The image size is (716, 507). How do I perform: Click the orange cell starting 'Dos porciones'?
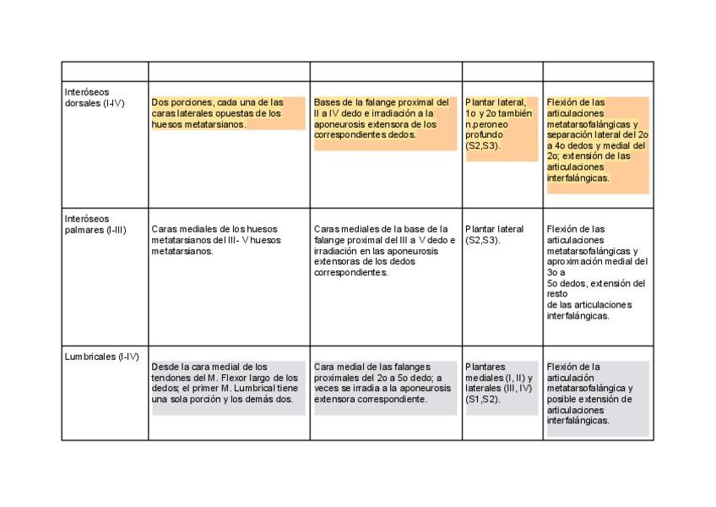click(227, 113)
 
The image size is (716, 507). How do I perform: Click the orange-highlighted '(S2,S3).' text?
click(482, 145)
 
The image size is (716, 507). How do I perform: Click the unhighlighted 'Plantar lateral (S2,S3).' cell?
click(494, 234)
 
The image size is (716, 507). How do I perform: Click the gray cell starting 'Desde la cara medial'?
click(225, 383)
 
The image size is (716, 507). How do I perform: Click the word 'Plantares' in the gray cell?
click(485, 367)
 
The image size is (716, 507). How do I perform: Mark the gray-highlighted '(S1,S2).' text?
click(483, 400)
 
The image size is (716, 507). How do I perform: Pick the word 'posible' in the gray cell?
click(562, 399)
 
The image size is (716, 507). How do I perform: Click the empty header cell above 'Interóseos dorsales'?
click(105, 71)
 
